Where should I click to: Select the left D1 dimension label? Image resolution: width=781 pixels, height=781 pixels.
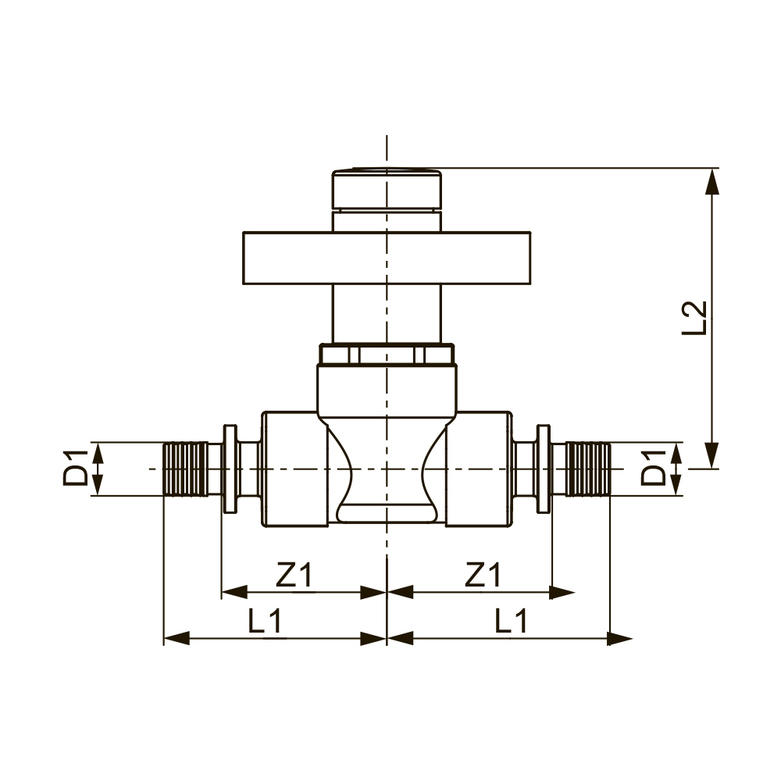[x=76, y=468]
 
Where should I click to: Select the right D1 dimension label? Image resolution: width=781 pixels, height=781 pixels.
[x=654, y=468]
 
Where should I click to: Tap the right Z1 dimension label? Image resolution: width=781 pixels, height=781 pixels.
[x=482, y=576]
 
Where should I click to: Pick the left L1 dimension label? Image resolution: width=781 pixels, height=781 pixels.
[x=265, y=622]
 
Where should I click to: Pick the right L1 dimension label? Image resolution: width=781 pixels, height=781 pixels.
[x=512, y=622]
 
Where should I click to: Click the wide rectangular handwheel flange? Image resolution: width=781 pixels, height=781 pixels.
[x=387, y=258]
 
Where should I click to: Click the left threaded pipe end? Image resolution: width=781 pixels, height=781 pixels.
[x=185, y=469]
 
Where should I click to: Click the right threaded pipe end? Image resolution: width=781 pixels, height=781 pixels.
[x=587, y=469]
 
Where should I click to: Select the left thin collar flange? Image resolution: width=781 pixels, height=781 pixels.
[x=230, y=469]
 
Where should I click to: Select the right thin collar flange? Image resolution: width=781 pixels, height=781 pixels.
[x=544, y=469]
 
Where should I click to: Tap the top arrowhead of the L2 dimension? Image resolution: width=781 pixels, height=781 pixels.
[x=711, y=181]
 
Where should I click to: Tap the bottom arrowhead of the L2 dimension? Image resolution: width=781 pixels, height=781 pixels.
[x=711, y=455]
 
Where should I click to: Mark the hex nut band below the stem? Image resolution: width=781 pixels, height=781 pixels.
[x=387, y=355]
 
